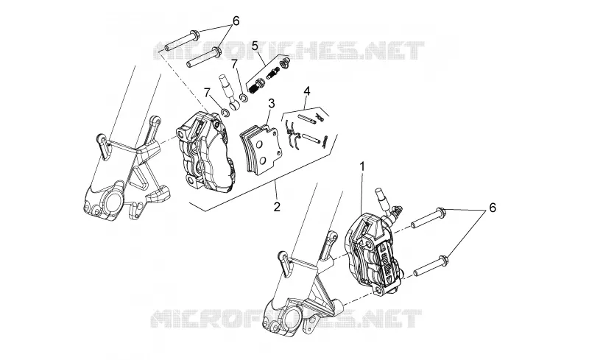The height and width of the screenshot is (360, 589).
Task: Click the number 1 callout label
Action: tap(362, 166)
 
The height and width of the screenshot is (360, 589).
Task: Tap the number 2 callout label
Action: tap(277, 206)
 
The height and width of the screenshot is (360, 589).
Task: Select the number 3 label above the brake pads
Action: tap(272, 103)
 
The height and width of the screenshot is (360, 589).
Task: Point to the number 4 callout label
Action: tap(307, 91)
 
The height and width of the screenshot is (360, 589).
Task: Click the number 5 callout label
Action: tap(255, 46)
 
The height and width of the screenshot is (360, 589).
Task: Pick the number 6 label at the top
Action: tap(236, 21)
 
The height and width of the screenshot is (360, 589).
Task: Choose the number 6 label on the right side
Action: tap(492, 208)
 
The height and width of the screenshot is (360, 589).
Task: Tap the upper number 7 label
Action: tap(234, 64)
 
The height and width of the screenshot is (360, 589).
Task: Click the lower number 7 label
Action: tap(207, 92)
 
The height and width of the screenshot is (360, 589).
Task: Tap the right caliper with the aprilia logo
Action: tap(374, 252)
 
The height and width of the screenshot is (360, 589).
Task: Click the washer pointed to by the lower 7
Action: tap(226, 112)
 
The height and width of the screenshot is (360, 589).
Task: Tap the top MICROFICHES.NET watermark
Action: tap(289, 51)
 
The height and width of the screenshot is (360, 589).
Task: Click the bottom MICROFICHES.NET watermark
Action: tap(286, 319)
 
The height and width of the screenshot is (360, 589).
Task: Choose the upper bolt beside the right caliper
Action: tap(428, 219)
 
